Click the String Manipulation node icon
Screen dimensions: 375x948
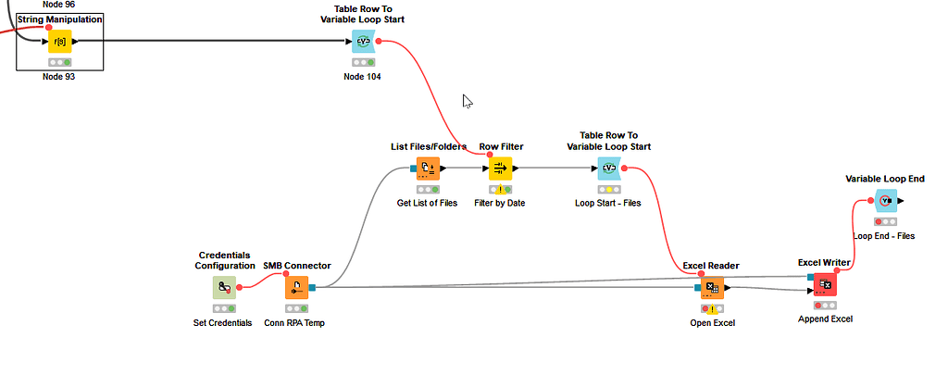pyautogui.click(x=60, y=42)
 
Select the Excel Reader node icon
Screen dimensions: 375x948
pyautogui.click(x=711, y=287)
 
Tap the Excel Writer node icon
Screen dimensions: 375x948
pyautogui.click(x=825, y=285)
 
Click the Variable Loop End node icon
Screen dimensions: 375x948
pyautogui.click(x=886, y=200)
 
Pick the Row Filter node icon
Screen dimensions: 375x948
pyautogui.click(x=500, y=169)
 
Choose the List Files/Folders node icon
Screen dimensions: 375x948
pyautogui.click(x=428, y=169)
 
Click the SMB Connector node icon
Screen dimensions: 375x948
pyautogui.click(x=297, y=288)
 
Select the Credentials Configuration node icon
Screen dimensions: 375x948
pyautogui.click(x=224, y=288)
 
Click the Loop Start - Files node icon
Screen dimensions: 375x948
pyautogui.click(x=608, y=169)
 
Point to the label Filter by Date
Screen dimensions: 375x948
pyautogui.click(x=500, y=204)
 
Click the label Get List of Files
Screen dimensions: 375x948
pyautogui.click(x=428, y=204)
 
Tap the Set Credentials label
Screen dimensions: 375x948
pyautogui.click(x=222, y=323)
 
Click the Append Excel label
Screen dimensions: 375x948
pyautogui.click(x=826, y=319)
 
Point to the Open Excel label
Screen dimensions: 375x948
pyautogui.click(x=712, y=323)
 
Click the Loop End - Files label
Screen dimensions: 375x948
pyautogui.click(x=883, y=236)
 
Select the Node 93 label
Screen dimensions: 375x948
pyautogui.click(x=58, y=77)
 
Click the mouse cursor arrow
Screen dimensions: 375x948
pyautogui.click(x=468, y=101)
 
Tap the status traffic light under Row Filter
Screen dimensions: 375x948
pyautogui.click(x=500, y=190)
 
